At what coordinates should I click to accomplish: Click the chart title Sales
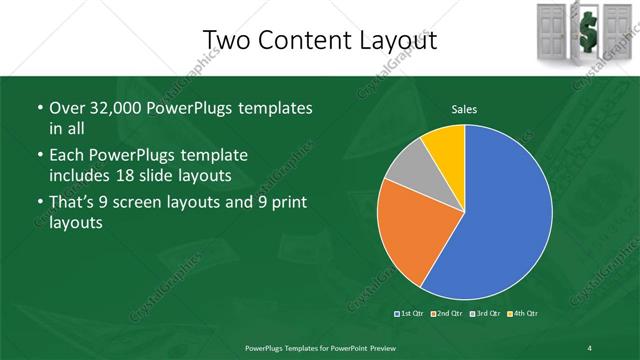click(x=464, y=109)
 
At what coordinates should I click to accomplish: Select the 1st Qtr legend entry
click(x=410, y=315)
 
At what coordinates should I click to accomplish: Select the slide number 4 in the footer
click(x=589, y=347)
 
